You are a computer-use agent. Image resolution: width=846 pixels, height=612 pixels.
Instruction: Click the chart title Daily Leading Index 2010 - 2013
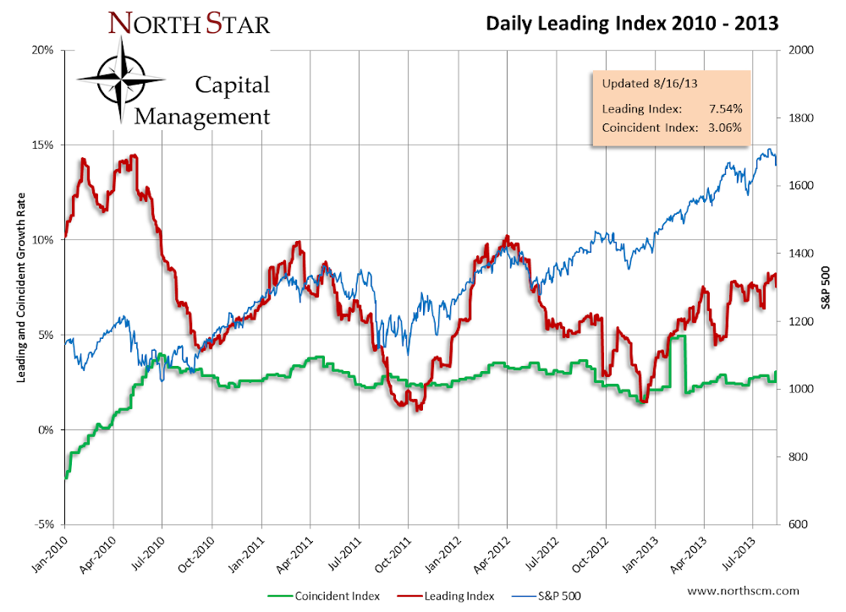(x=632, y=24)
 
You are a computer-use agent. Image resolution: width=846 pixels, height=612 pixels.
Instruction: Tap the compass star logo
(x=121, y=79)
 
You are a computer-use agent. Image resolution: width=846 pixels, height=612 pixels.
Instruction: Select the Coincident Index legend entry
(x=324, y=596)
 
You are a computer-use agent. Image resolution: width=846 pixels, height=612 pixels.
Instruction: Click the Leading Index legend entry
(x=446, y=596)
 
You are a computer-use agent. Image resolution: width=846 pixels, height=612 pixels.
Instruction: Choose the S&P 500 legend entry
(x=546, y=596)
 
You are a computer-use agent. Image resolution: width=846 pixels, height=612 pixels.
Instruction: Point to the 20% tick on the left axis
(x=43, y=50)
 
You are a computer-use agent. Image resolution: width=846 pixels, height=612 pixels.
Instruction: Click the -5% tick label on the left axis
(x=45, y=525)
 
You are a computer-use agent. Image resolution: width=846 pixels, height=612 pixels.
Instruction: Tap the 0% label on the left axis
(x=46, y=429)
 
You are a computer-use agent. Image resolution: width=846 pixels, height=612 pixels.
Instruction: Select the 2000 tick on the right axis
(x=800, y=50)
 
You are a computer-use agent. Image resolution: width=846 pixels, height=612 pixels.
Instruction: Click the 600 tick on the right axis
(x=798, y=524)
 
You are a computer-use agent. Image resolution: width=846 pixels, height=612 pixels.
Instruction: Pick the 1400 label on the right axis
(x=800, y=254)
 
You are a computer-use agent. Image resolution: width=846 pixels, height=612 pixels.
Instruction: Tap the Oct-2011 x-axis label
(x=393, y=554)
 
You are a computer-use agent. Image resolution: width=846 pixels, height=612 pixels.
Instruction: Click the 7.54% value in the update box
(x=726, y=109)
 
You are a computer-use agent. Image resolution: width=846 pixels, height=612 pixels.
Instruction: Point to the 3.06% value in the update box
(x=725, y=128)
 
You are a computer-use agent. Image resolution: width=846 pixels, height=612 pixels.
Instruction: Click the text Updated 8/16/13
(x=650, y=84)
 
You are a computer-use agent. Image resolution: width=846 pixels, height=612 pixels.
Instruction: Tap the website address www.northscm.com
(x=744, y=591)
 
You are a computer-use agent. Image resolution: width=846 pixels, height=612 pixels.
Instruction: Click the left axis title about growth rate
(x=21, y=288)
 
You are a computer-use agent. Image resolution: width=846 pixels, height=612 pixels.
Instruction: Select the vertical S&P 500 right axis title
(x=826, y=288)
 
